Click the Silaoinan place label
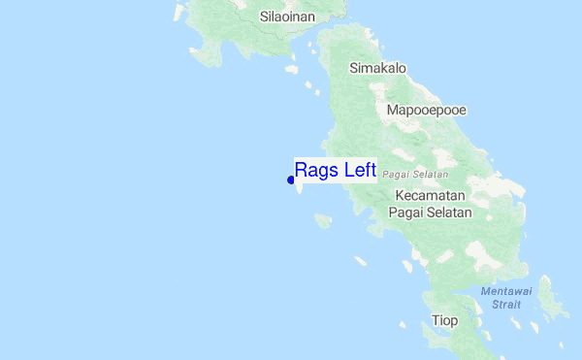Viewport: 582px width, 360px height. (x=288, y=16)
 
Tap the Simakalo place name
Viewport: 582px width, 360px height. (x=377, y=68)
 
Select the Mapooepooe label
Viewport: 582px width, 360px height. (x=426, y=110)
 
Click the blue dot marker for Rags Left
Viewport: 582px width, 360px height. (x=291, y=180)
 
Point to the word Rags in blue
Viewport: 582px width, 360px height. (x=316, y=171)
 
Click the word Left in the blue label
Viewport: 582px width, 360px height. (x=358, y=171)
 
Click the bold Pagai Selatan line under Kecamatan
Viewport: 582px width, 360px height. (x=430, y=212)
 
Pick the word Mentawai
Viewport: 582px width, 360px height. (x=505, y=291)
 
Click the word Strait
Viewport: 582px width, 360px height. (x=505, y=304)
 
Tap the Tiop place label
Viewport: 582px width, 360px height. (x=444, y=320)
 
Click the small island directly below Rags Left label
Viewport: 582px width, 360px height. (x=322, y=221)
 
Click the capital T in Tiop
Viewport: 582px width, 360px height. (x=436, y=320)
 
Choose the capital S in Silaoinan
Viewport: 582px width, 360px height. (x=265, y=16)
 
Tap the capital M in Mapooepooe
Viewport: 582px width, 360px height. (x=392, y=110)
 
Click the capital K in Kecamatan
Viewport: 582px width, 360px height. (x=401, y=195)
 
